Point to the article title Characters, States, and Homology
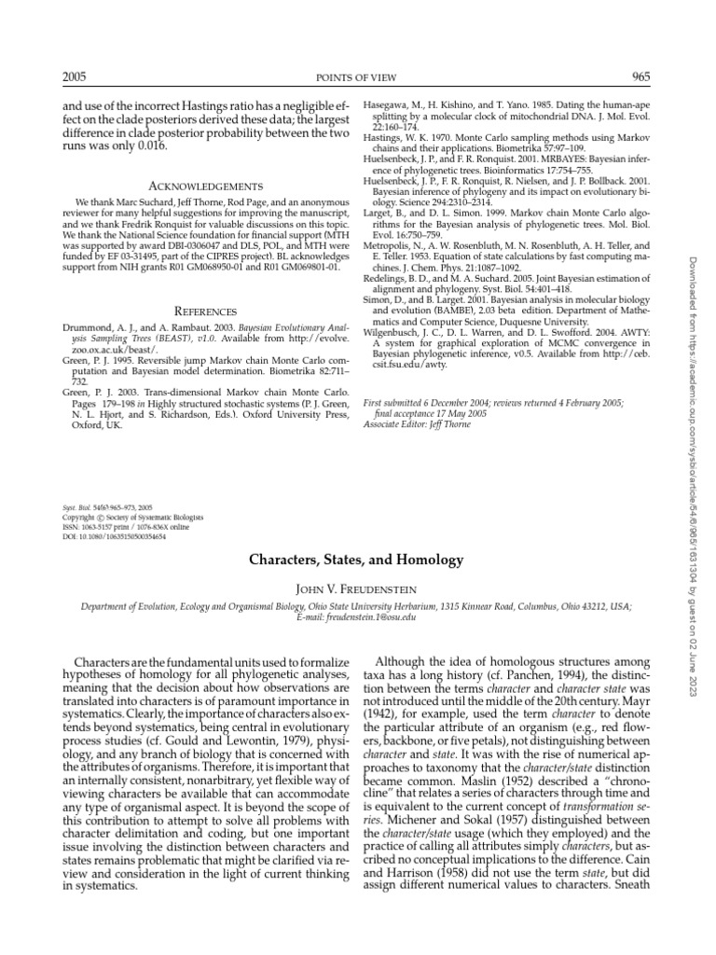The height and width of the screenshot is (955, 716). tap(355, 561)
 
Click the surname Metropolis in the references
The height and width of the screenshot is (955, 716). tap(389, 245)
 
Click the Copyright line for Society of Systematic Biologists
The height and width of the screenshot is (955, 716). tap(132, 517)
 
